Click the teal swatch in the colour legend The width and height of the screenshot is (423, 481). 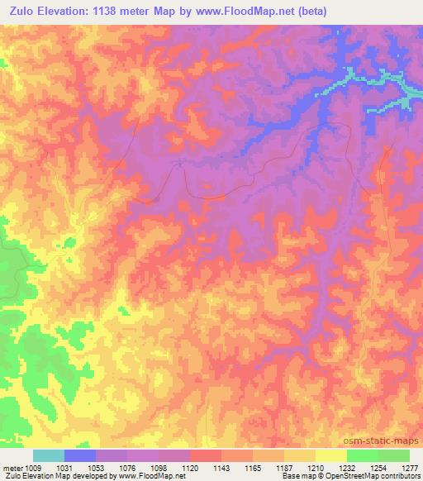tap(49, 455)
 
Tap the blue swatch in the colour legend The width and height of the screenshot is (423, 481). tap(80, 455)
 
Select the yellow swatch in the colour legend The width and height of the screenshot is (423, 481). tap(331, 455)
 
